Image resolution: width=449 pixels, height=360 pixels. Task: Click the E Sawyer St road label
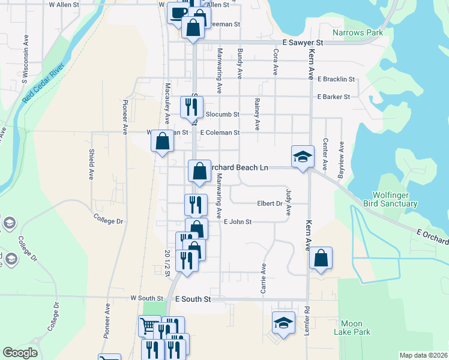(303, 43)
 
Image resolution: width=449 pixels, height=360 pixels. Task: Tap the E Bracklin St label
(337, 79)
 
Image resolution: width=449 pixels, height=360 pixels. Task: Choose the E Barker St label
(333, 97)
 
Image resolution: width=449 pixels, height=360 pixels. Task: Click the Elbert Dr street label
(270, 203)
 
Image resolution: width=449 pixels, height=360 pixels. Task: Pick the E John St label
(237, 222)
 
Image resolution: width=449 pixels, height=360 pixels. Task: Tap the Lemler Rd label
(306, 317)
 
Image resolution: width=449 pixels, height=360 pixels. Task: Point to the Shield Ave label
(92, 165)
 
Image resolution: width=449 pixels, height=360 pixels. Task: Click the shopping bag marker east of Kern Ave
(321, 259)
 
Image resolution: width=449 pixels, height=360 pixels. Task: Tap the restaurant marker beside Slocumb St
(191, 107)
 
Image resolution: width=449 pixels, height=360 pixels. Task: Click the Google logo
(20, 352)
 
